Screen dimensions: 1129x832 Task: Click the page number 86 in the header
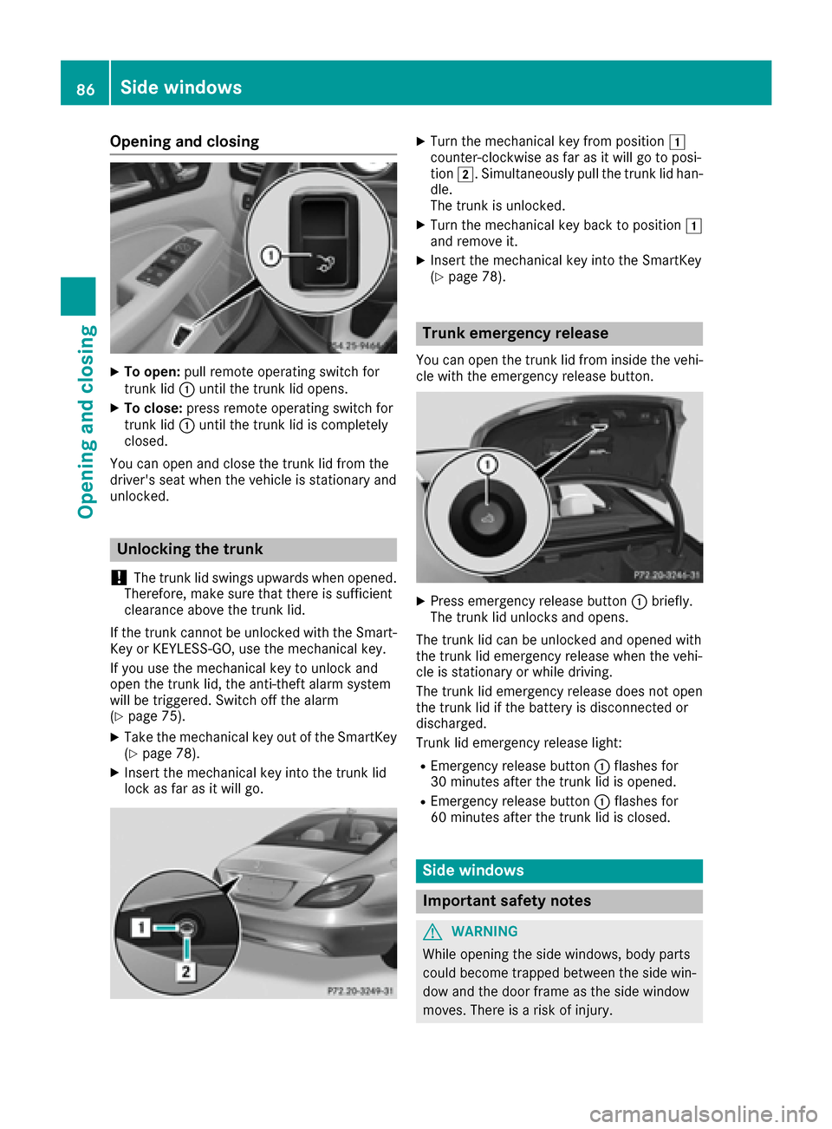tap(85, 88)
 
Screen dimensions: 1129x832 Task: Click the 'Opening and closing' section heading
tap(184, 141)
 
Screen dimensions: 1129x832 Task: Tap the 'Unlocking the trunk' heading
tap(190, 549)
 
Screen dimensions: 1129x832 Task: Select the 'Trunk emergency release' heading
tap(515, 333)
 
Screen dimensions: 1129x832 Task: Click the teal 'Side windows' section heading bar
tap(559, 871)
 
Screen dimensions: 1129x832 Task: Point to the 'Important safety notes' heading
tap(507, 901)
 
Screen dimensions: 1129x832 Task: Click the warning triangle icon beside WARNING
tap(432, 931)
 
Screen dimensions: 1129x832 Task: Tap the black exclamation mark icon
tap(119, 578)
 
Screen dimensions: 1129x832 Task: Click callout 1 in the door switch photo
tap(271, 256)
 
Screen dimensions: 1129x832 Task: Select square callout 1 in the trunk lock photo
tap(140, 928)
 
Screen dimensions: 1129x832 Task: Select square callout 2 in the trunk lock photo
tap(185, 971)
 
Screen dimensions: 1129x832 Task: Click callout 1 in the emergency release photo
tap(487, 465)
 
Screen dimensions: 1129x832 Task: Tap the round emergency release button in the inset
tap(487, 519)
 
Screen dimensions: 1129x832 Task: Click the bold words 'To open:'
tap(152, 372)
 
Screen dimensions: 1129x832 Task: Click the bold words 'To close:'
tap(153, 408)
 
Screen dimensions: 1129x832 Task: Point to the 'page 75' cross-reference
tap(154, 716)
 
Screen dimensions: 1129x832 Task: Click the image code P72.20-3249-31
tap(360, 990)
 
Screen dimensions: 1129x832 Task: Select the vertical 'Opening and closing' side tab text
tap(86, 421)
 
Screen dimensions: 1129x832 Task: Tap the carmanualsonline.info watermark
tap(703, 1113)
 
